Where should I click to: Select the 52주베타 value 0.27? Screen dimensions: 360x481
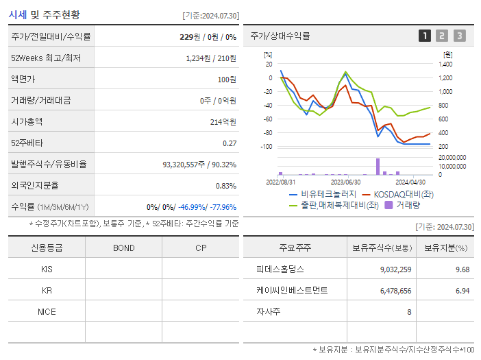pyautogui.click(x=229, y=143)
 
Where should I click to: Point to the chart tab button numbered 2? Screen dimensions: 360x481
pyautogui.click(x=442, y=36)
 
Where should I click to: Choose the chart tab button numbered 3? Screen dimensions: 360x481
pyautogui.click(x=459, y=36)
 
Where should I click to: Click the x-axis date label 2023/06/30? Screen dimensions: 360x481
pyautogui.click(x=345, y=182)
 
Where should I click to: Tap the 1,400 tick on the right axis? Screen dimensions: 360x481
pyautogui.click(x=445, y=64)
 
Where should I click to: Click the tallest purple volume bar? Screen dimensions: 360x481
pyautogui.click(x=378, y=167)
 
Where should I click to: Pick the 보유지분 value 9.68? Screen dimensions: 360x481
pyautogui.click(x=461, y=269)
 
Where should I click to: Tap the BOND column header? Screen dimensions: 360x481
pyautogui.click(x=123, y=248)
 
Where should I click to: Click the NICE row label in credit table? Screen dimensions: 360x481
pyautogui.click(x=47, y=312)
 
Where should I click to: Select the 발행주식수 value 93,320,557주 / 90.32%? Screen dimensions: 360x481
pyautogui.click(x=199, y=164)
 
